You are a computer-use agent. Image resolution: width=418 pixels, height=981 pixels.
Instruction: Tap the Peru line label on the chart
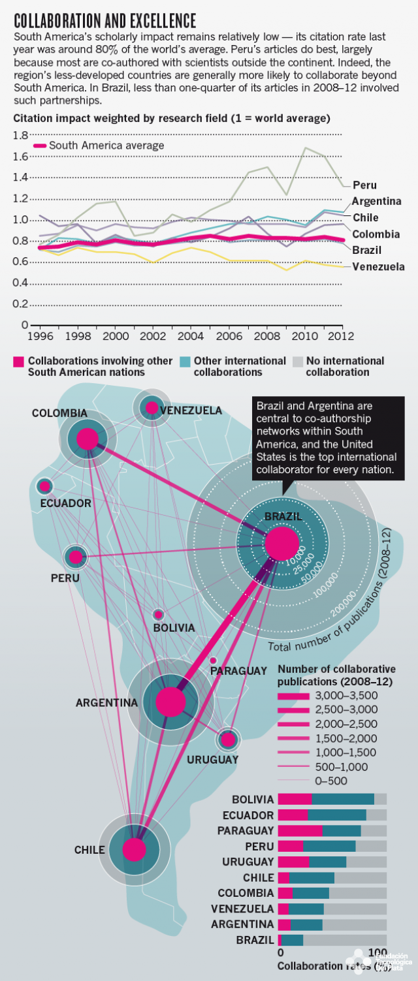coord(364,185)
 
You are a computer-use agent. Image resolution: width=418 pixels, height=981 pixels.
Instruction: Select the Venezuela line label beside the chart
coord(378,266)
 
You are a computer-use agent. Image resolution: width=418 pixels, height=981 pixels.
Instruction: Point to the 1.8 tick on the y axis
coord(20,135)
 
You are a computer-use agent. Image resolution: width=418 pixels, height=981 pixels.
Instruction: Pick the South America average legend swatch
coord(39,146)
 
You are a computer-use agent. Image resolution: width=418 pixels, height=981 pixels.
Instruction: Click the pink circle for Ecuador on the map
coord(44,486)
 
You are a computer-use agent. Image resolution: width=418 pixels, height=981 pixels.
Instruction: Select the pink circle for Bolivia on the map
coord(158,614)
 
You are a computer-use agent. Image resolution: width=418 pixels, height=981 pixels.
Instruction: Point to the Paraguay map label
coord(238,671)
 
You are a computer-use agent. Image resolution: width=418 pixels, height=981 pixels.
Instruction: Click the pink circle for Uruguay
coord(228,740)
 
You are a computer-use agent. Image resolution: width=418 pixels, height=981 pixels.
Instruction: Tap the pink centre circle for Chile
coord(135,849)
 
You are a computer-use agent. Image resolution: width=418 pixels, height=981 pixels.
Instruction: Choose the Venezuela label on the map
coord(191,411)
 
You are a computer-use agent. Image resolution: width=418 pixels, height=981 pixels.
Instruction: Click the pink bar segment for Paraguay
coord(300,830)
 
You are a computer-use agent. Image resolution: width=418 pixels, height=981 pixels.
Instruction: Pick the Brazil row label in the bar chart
coord(255,940)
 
